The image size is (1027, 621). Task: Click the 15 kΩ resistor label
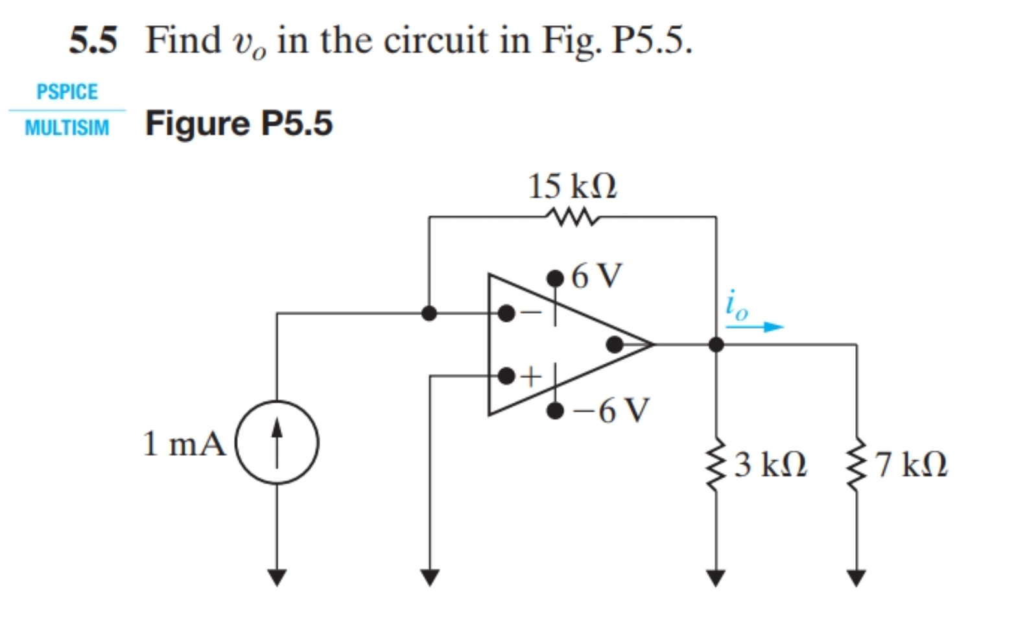pos(573,187)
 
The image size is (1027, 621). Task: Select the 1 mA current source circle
pos(277,443)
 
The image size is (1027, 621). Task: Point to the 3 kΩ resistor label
pos(771,464)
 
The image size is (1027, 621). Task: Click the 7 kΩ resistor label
pos(911,464)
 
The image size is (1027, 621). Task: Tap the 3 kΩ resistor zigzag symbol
pos(716,463)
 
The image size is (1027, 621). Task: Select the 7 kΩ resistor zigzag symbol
pos(857,463)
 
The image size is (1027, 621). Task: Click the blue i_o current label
pos(737,305)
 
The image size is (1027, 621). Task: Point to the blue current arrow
pos(755,327)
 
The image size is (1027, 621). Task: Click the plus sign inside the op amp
pos(532,376)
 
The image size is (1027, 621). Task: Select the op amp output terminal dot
pos(614,345)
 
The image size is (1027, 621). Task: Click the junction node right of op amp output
pos(716,345)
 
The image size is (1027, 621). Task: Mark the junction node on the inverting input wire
pos(429,314)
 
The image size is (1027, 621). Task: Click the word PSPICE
pos(67,92)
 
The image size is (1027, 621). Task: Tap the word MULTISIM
pos(67,128)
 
